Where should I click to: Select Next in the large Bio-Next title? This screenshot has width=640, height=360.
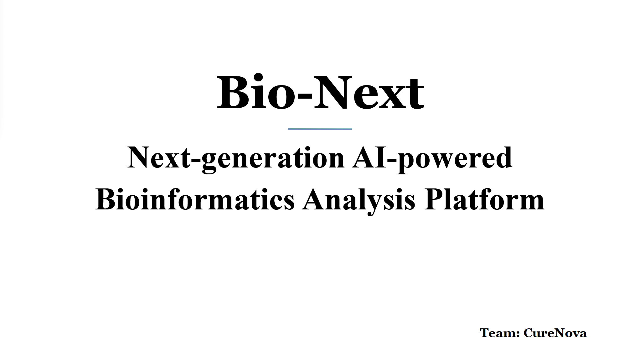[369, 93]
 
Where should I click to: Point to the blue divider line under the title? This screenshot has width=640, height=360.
[320, 128]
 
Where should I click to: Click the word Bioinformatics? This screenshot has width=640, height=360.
[195, 199]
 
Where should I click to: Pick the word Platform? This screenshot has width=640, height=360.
[484, 199]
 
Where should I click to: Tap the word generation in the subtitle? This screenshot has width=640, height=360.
[273, 159]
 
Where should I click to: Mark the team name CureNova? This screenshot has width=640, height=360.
[555, 333]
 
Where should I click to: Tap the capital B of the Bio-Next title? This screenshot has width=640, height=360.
[232, 93]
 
